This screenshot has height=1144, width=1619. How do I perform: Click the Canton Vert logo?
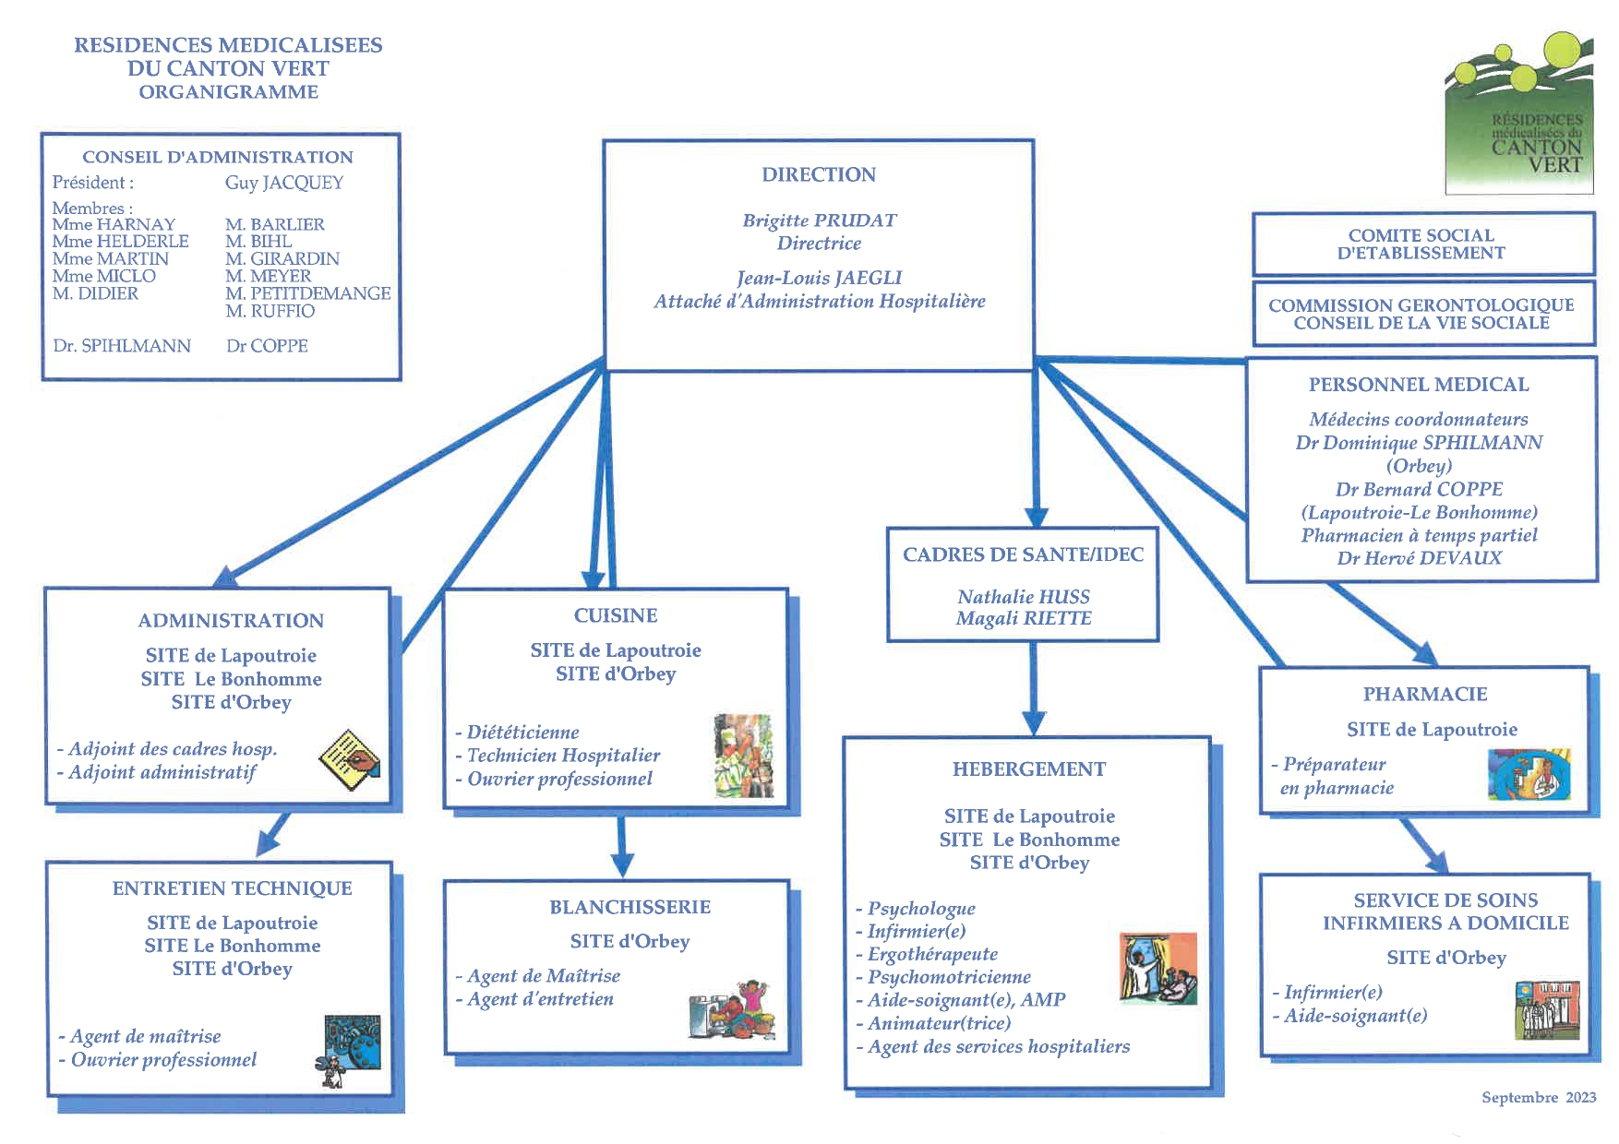(x=1519, y=113)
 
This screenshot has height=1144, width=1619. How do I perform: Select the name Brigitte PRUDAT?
(x=819, y=220)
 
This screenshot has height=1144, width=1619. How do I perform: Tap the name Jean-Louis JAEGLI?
(x=819, y=278)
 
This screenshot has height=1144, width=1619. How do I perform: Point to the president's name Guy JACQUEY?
(x=283, y=183)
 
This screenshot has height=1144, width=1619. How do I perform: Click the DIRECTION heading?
(x=819, y=174)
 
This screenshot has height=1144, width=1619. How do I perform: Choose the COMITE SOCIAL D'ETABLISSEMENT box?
(x=1421, y=244)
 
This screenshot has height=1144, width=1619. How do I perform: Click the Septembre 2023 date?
(x=1538, y=1097)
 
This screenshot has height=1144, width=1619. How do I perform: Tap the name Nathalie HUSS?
(x=1023, y=597)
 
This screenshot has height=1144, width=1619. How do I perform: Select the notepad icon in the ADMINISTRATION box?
(x=349, y=759)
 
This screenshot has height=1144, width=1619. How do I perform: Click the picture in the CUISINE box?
(x=743, y=756)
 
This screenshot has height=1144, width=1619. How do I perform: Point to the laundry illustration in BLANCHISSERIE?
(x=732, y=1009)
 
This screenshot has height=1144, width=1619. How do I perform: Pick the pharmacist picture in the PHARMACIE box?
(x=1529, y=773)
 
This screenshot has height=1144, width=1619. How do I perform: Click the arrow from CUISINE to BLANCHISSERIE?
(x=622, y=844)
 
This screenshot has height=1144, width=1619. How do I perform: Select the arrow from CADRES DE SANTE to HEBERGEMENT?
(x=1034, y=687)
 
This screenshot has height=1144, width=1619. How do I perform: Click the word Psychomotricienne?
(x=949, y=977)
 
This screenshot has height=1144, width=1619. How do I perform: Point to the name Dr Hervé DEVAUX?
(x=1419, y=558)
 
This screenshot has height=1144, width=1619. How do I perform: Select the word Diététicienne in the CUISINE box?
(x=522, y=733)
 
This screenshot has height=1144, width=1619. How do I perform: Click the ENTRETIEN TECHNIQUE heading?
(x=232, y=888)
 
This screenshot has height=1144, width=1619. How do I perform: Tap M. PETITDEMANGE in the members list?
(x=307, y=293)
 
